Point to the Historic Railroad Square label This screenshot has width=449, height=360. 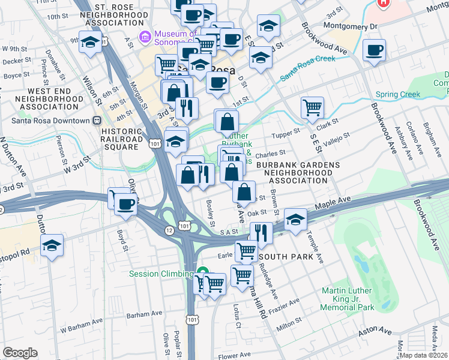click(122, 139)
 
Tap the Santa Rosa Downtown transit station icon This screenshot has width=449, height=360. click(96, 120)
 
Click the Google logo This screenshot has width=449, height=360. click(20, 352)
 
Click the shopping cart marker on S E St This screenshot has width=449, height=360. click(312, 108)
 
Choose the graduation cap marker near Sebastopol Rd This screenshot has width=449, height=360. click(52, 244)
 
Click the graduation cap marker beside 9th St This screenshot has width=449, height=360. click(90, 43)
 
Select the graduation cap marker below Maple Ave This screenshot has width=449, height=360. click(295, 219)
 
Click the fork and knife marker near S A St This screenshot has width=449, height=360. click(261, 232)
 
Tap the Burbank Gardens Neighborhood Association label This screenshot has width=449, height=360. click(298, 172)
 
